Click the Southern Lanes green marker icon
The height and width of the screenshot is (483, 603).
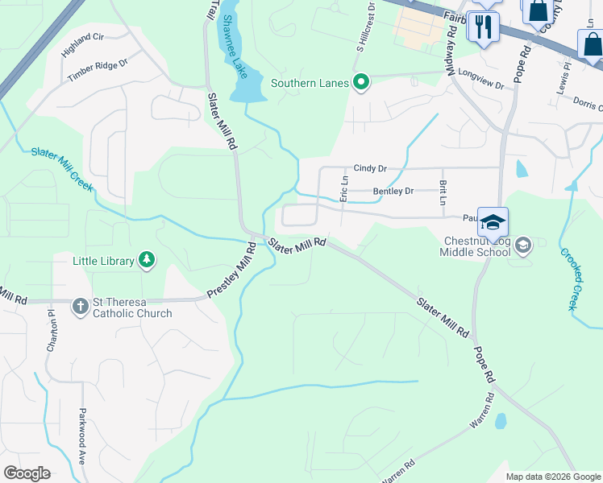pyautogui.click(x=362, y=82)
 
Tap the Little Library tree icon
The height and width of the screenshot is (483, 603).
pyautogui.click(x=147, y=259)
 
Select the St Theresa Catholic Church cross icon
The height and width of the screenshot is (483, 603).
pyautogui.click(x=80, y=306)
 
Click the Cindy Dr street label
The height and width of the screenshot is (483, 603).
pyautogui.click(x=371, y=168)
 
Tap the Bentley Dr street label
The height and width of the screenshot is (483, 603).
pyautogui.click(x=393, y=191)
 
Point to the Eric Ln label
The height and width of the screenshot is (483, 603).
pyautogui.click(x=343, y=188)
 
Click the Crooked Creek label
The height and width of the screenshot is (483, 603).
pyautogui.click(x=570, y=279)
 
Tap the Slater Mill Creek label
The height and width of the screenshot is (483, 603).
pyautogui.click(x=62, y=170)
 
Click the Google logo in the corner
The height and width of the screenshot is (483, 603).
pyautogui.click(x=27, y=473)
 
